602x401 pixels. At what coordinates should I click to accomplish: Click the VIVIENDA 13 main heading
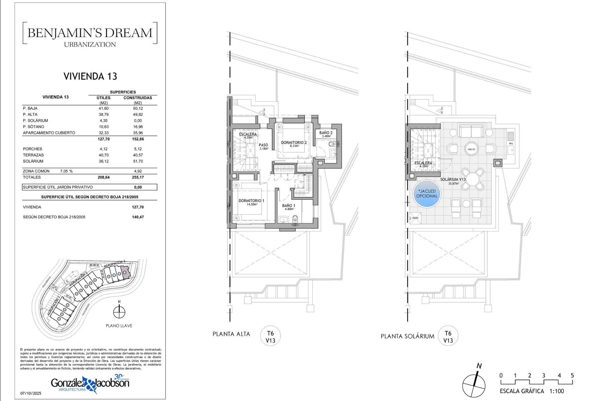[x=90, y=76]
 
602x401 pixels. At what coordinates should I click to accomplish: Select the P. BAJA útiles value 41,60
[x=103, y=108]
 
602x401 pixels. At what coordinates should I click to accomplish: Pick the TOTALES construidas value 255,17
[x=138, y=177]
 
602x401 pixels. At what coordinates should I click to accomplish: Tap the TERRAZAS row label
[x=33, y=155]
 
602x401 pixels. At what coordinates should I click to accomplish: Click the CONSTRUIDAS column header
[x=138, y=98]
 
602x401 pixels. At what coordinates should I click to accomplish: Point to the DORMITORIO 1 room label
[x=251, y=201]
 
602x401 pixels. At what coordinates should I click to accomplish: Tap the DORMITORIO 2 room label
[x=294, y=143]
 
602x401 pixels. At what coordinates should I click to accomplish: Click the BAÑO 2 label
[x=326, y=133]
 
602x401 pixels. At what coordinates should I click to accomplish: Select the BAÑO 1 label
[x=288, y=206]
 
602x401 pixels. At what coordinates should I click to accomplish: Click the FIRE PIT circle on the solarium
[x=471, y=149]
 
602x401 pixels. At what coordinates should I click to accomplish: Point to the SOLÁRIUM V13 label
[x=453, y=180]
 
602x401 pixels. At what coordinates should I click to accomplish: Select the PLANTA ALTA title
[x=231, y=334]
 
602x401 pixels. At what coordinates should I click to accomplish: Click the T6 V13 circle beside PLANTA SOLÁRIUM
[x=448, y=337]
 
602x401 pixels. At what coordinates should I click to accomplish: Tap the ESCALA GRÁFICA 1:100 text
[x=532, y=391]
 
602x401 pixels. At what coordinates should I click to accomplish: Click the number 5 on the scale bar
[x=572, y=375]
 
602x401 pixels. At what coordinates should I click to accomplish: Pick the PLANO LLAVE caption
[x=119, y=326]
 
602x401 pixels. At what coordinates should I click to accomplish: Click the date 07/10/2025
[x=31, y=393]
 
